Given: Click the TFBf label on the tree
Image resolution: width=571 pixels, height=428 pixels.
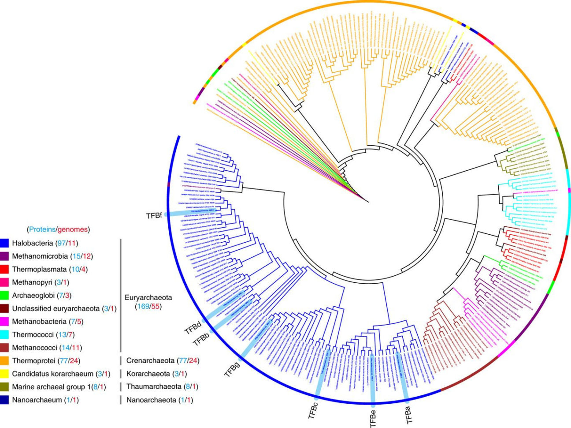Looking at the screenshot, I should (x=154, y=215).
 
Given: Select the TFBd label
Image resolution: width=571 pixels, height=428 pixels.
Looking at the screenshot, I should (x=193, y=328).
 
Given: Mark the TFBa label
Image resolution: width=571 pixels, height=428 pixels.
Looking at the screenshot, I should (x=410, y=415).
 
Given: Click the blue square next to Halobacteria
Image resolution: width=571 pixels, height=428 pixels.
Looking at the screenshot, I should (x=4, y=243).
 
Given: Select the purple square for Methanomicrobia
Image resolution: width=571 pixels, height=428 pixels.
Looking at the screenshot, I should (x=4, y=256).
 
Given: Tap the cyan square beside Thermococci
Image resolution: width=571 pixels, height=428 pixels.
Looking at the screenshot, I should (x=4, y=334).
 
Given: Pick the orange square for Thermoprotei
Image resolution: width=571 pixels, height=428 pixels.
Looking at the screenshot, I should (x=4, y=360).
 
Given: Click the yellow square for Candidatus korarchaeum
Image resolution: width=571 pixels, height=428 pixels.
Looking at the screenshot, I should (x=4, y=374).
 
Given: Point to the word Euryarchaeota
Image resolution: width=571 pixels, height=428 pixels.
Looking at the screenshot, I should (x=148, y=297).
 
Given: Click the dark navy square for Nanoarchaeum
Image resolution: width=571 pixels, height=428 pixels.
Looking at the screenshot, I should (x=4, y=400).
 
